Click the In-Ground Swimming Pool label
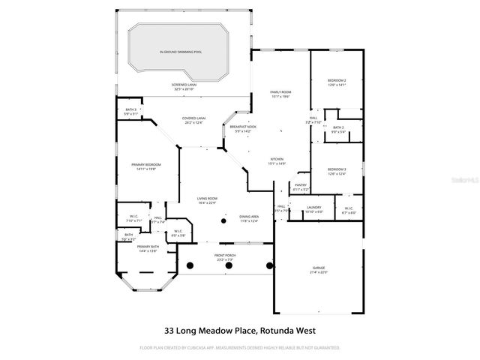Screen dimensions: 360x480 [x=180, y=52]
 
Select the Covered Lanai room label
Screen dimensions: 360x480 [x=193, y=120]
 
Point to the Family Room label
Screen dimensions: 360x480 [x=280, y=94]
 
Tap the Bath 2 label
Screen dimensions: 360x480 [x=338, y=129]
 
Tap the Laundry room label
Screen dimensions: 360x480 [x=314, y=209]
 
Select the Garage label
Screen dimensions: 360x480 [x=319, y=269]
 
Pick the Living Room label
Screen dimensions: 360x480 [x=206, y=200]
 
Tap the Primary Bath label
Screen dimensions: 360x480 [x=146, y=249]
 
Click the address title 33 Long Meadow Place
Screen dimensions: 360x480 [x=239, y=330]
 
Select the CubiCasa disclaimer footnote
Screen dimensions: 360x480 [x=239, y=348]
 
